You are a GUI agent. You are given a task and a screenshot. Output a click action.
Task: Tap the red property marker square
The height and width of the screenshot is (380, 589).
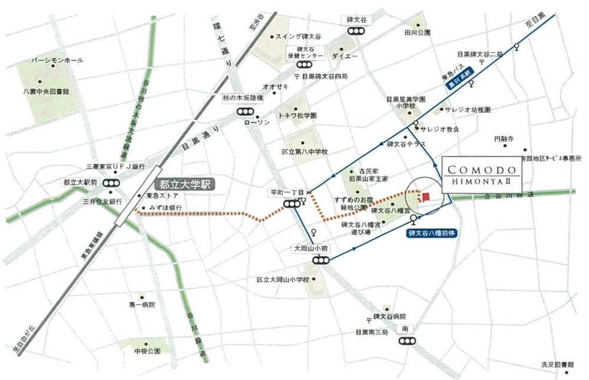[x=426, y=197]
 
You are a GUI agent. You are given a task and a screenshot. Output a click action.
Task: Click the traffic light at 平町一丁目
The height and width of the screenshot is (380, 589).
[x=290, y=204]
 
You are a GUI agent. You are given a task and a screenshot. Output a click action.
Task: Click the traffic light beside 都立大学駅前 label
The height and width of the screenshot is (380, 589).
[x=110, y=184]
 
